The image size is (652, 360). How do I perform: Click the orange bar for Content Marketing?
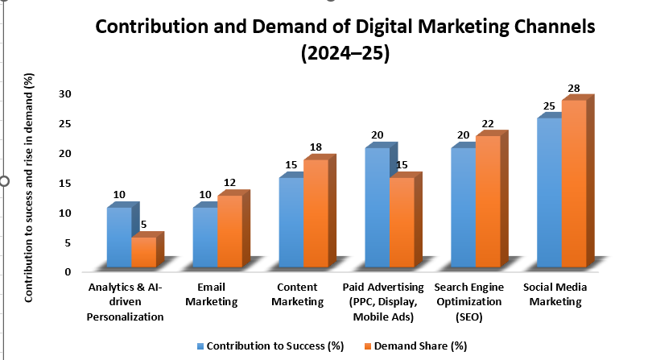tap(316, 213)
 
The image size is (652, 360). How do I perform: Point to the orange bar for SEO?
tap(488, 201)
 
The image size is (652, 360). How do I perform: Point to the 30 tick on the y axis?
tap(67, 94)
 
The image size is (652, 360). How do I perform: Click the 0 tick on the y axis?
tap(69, 272)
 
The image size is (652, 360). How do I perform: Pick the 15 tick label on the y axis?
tap(67, 184)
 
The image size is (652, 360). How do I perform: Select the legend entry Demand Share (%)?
tap(419, 346)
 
